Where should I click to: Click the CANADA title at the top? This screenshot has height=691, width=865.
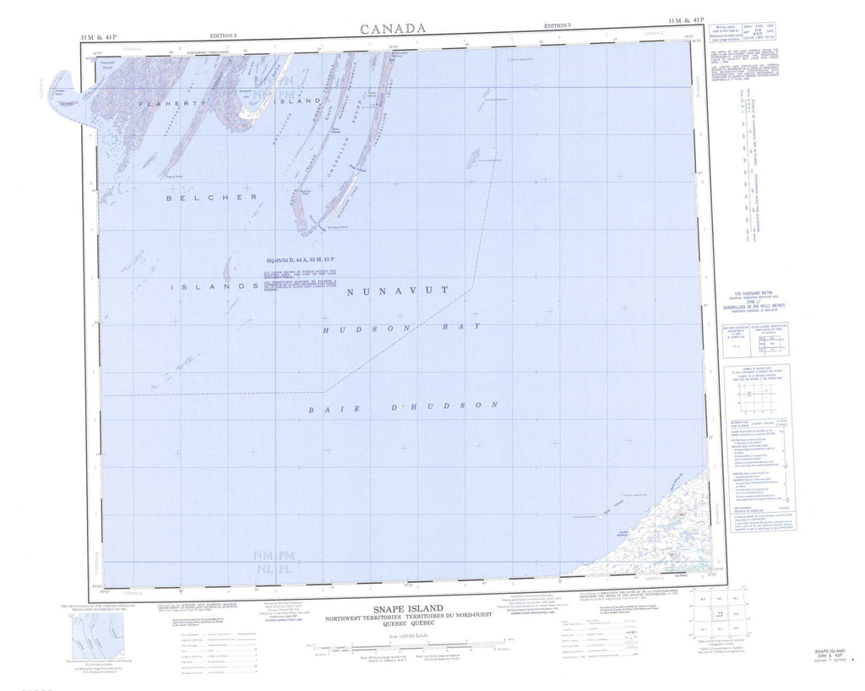click(393, 29)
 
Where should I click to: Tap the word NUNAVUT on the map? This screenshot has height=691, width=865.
click(396, 291)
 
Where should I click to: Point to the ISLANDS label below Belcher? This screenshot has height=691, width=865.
click(213, 287)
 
